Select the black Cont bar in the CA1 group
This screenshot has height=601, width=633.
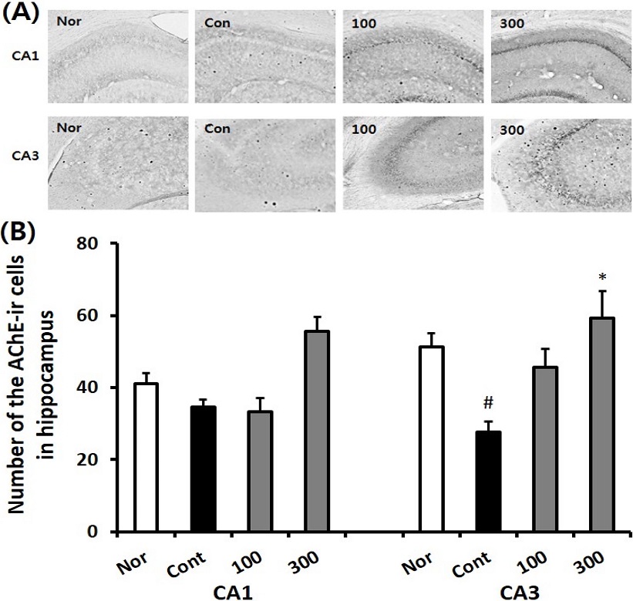coord(203,469)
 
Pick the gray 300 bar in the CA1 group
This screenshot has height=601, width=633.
coord(317,431)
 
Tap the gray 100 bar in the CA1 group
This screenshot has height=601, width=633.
coord(260,471)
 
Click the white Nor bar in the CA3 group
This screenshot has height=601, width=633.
coord(430,439)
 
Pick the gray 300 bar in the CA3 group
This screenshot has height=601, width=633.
coord(601,425)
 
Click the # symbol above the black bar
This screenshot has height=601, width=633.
coord(487,404)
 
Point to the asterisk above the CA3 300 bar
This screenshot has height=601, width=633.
coord(601,276)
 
